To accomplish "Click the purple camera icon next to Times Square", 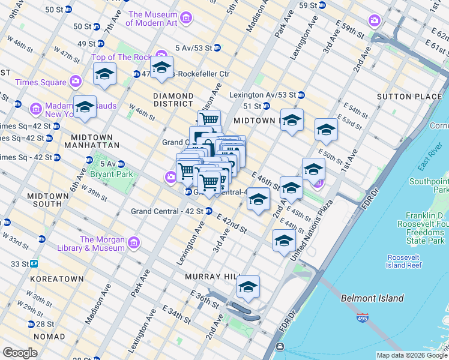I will click(x=76, y=81).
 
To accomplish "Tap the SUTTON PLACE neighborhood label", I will click(x=401, y=96).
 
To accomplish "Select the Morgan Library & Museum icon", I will click(x=133, y=243).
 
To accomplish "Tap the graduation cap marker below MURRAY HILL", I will click(x=248, y=289).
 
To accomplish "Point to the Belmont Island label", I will click(x=372, y=298).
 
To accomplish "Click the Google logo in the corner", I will click(x=20, y=353).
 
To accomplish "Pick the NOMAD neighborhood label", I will click(x=49, y=337).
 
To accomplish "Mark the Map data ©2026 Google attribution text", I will click(x=411, y=355).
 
